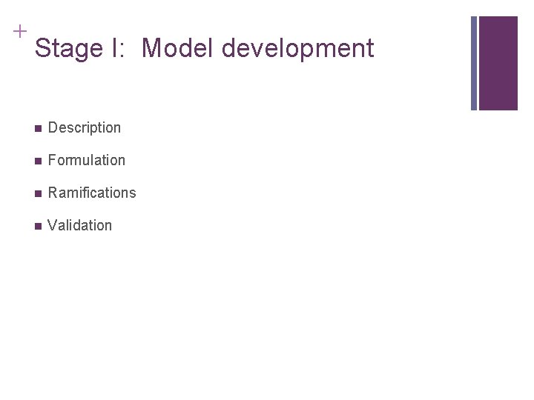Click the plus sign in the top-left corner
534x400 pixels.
tap(19, 32)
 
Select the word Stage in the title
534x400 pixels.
tap(67, 49)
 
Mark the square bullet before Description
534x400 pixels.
tap(37, 128)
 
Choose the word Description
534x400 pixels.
tap(84, 128)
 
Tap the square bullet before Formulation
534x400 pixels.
tap(37, 161)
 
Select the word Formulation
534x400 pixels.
tap(86, 160)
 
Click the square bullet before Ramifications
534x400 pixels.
tap(37, 193)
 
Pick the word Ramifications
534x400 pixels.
tap(92, 193)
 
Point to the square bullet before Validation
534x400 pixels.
tap(37, 226)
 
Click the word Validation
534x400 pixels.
tap(79, 225)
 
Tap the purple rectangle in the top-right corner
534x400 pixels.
tap(498, 63)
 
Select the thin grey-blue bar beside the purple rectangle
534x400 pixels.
tap(475, 63)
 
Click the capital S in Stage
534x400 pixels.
tap(42, 49)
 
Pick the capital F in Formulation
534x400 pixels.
tap(52, 160)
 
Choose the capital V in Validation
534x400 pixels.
tap(52, 225)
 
